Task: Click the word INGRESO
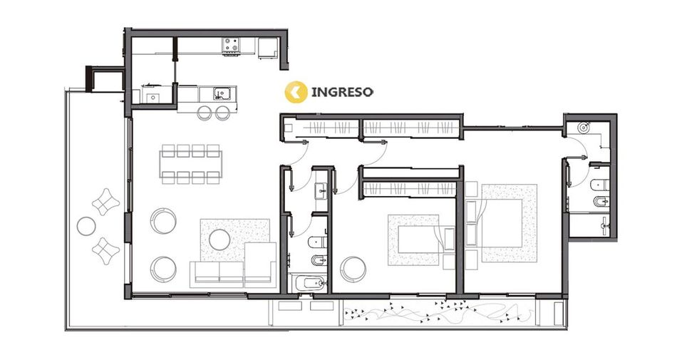click(342, 92)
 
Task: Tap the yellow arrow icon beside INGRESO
click(296, 92)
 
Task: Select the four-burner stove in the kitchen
click(231, 46)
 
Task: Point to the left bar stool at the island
click(205, 112)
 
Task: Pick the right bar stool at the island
click(222, 112)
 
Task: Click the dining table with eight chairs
click(191, 164)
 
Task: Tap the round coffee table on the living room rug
click(219, 239)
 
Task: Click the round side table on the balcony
click(86, 226)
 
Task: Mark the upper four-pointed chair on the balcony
click(105, 202)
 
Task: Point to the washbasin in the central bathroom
click(321, 190)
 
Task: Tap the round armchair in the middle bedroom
click(353, 269)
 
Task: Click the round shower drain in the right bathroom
click(584, 128)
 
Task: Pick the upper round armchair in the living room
click(163, 220)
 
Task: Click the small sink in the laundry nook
click(153, 98)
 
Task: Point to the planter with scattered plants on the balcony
click(438, 312)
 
